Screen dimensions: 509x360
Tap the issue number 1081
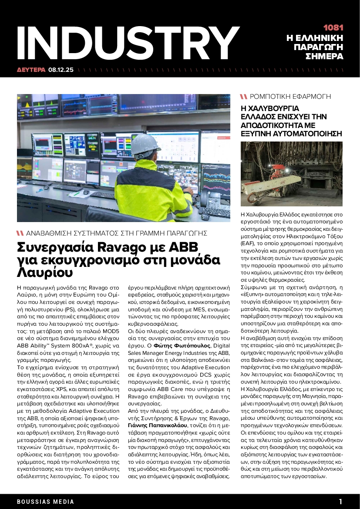click(x=333, y=27)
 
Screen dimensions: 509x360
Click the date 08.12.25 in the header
click(x=61, y=69)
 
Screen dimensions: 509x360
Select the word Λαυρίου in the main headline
click(x=44, y=272)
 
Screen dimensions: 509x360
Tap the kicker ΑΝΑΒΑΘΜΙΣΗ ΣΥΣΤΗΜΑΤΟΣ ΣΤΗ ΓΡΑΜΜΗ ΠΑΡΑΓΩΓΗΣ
click(x=116, y=233)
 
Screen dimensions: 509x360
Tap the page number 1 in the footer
click(x=340, y=501)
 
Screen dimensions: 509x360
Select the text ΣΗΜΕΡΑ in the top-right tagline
click(x=324, y=57)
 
